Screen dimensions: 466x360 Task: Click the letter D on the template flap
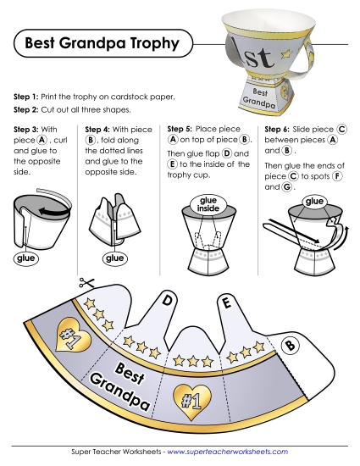(x=168, y=300)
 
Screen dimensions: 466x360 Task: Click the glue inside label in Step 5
(x=208, y=204)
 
